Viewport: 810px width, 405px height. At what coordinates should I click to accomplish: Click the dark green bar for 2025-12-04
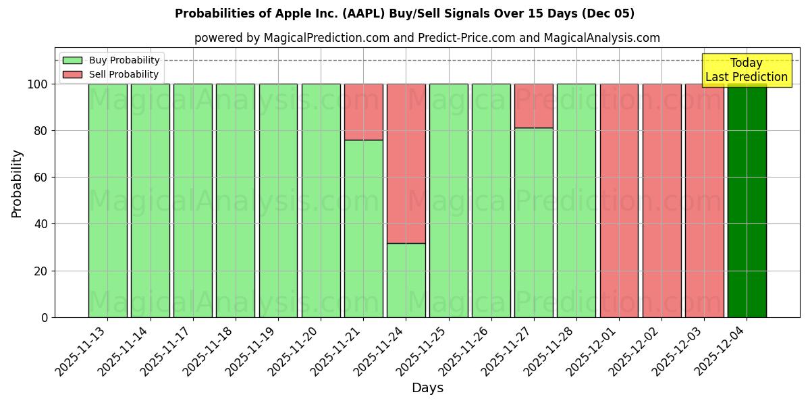(747, 202)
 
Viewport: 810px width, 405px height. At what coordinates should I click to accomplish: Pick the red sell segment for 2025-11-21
(364, 112)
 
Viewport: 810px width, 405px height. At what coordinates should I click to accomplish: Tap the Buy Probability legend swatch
(72, 61)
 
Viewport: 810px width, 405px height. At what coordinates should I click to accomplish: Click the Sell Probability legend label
(124, 74)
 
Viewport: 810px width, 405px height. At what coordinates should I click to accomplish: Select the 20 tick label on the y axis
(40, 271)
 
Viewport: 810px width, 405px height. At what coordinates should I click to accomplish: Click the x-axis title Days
(427, 388)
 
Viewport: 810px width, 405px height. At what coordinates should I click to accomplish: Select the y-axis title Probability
(17, 184)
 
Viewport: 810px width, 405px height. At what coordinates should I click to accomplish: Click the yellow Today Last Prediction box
(747, 71)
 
